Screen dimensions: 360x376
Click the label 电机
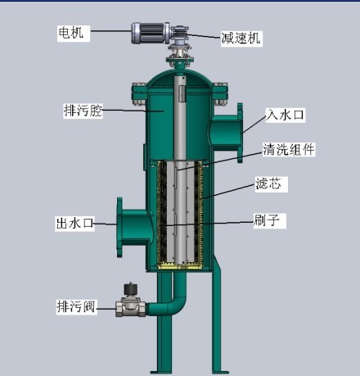71,32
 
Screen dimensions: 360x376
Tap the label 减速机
241,38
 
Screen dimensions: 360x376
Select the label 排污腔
83,111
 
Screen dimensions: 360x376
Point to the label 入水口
285,115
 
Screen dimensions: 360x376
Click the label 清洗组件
289,149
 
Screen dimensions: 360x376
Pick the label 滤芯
268,183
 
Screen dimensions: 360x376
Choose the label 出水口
74,223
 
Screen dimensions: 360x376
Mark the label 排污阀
76,306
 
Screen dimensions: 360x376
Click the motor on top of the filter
150,33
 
